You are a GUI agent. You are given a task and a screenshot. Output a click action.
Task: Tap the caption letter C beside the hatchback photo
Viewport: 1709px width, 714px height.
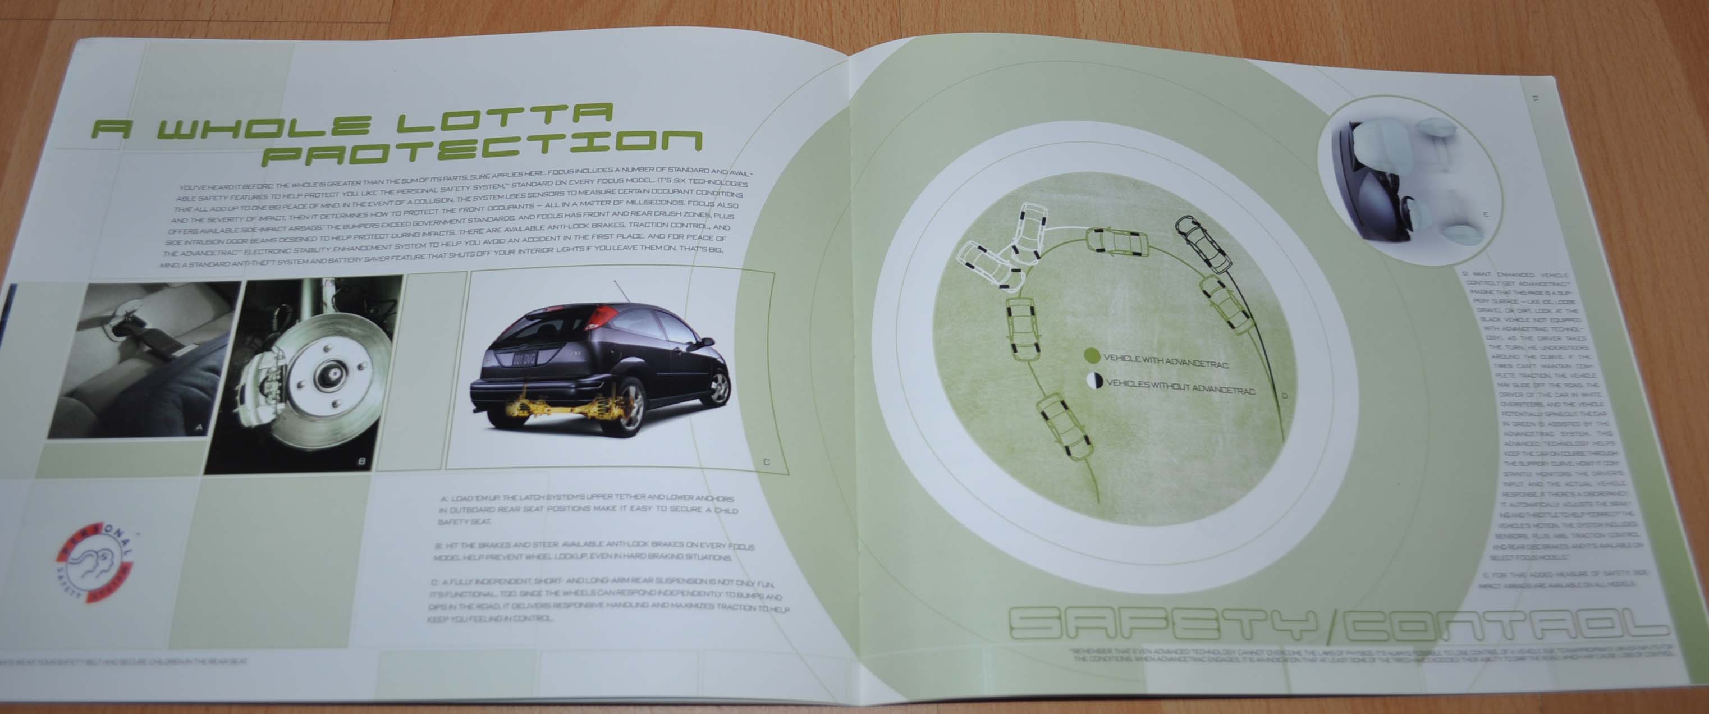(766, 461)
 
